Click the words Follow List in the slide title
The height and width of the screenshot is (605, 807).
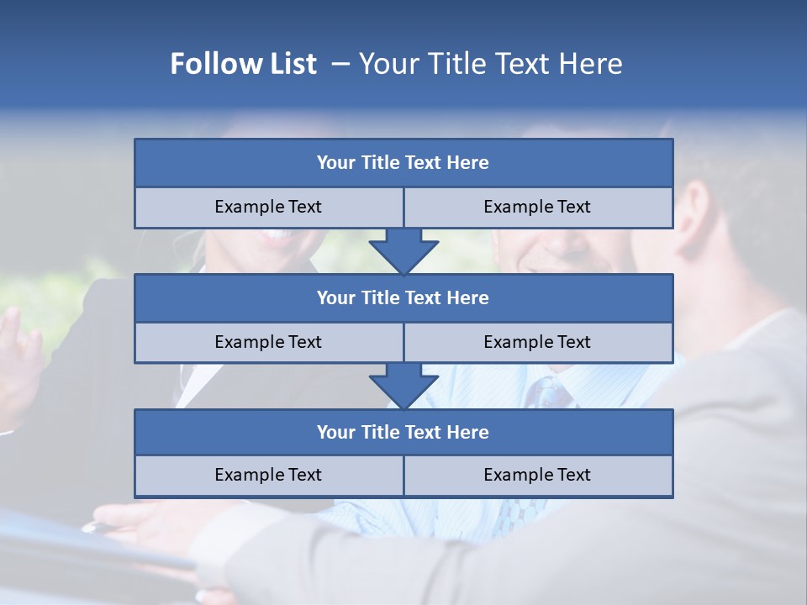click(243, 64)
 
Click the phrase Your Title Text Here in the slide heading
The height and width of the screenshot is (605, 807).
click(490, 64)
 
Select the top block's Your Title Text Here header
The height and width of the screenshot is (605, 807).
click(403, 163)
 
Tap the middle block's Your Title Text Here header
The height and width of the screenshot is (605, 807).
click(403, 298)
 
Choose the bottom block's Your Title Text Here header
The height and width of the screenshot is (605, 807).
click(403, 433)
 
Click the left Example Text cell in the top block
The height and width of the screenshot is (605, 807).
click(268, 208)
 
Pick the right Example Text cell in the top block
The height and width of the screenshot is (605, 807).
click(537, 208)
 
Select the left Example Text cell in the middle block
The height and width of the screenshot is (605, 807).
click(268, 343)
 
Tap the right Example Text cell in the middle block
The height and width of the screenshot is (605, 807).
click(537, 343)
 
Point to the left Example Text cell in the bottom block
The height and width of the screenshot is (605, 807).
click(268, 476)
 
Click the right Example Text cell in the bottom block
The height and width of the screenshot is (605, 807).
click(537, 476)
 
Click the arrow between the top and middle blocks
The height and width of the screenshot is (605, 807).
click(403, 251)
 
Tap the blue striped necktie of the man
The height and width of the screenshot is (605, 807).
click(551, 392)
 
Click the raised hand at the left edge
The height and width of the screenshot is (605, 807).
click(18, 353)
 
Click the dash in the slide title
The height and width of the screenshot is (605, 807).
click(340, 64)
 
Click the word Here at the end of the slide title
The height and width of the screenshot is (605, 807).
click(593, 64)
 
